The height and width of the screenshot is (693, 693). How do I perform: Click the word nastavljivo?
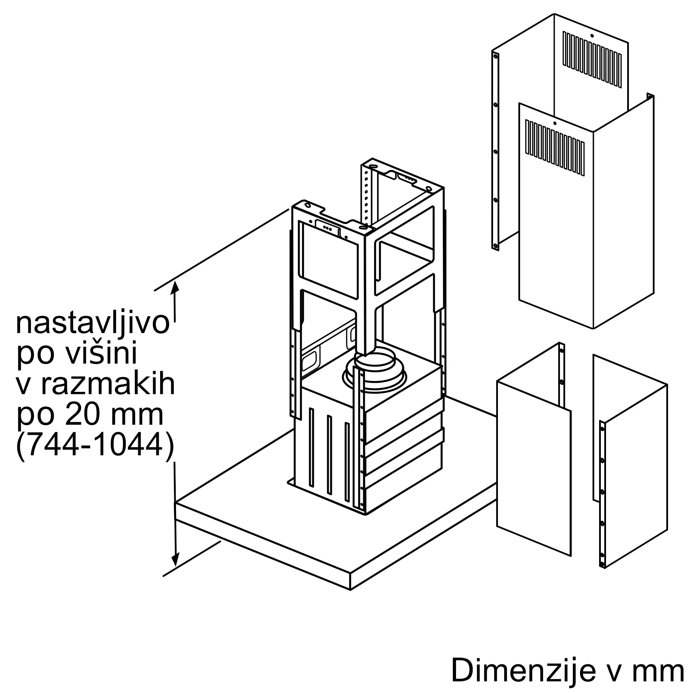92,324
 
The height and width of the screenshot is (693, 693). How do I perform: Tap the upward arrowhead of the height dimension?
175,287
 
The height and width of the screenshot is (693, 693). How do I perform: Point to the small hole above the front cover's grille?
555,123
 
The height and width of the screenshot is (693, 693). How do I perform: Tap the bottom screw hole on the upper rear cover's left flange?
495,246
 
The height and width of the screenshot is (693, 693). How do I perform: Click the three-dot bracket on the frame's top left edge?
327,227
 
